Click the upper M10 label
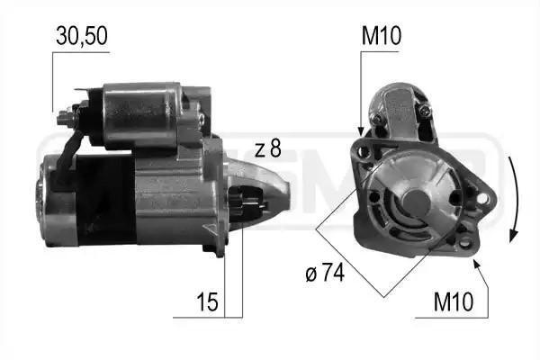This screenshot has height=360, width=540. point(381,37)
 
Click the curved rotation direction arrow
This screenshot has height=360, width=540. point(515,198)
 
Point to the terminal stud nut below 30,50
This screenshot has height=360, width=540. point(66,117)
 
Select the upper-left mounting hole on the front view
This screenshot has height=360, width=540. point(364,152)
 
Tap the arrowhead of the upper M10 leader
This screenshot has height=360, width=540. point(361,132)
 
